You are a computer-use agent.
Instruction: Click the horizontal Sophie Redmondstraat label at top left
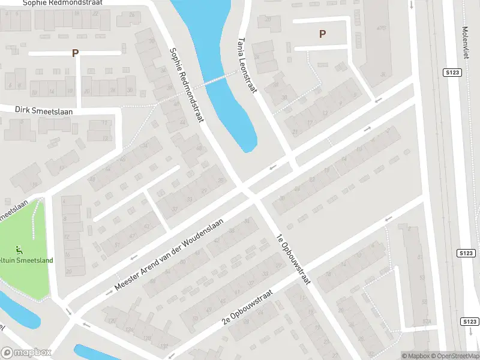(62, 3)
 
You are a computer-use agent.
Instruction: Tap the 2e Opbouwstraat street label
(247, 307)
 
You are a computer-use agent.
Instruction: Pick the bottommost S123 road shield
(469, 322)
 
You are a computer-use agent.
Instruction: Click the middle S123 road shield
(469, 253)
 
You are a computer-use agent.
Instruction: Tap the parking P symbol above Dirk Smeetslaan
(75, 53)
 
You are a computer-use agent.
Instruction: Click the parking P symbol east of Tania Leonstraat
(323, 34)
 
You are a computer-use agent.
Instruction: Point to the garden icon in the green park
(19, 248)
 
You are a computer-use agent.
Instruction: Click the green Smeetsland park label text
(27, 260)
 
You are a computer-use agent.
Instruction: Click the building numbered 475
(380, 28)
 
